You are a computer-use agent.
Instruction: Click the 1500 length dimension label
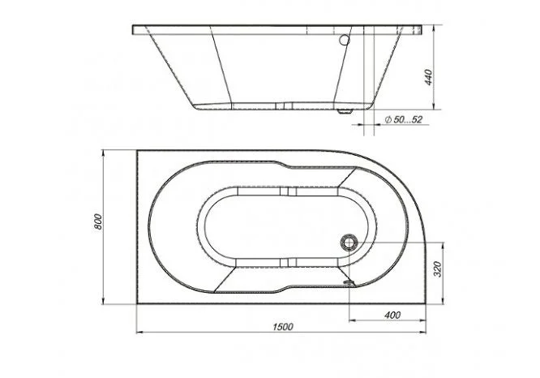(283, 326)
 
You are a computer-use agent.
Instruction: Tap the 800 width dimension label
(98, 222)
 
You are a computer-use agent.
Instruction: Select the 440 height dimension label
(428, 78)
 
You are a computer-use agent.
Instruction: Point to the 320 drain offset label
(437, 269)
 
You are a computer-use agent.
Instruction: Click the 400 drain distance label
(392, 315)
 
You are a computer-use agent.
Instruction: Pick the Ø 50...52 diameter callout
(403, 119)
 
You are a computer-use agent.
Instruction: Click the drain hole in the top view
(349, 243)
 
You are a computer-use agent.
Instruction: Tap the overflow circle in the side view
(344, 41)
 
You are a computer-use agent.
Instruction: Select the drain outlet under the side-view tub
(345, 111)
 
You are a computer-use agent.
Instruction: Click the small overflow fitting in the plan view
(349, 282)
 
